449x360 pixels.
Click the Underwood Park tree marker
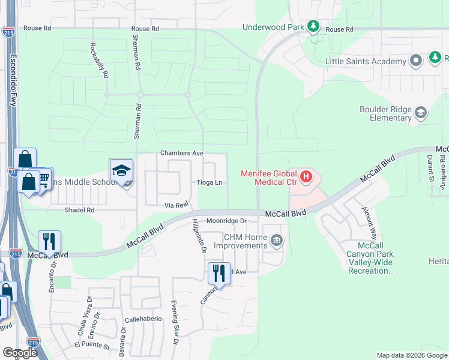coord(313,26)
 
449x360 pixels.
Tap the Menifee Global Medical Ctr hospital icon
coord(306,176)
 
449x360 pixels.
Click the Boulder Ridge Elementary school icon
coord(421,112)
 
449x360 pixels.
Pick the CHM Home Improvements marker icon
coord(276,241)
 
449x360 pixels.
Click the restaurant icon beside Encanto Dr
coord(49,241)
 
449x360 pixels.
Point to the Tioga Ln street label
coord(210,182)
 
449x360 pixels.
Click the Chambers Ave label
coord(182,154)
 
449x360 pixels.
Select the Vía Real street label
coord(177,205)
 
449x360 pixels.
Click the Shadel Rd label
coord(80,210)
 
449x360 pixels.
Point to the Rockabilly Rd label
coord(100,60)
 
